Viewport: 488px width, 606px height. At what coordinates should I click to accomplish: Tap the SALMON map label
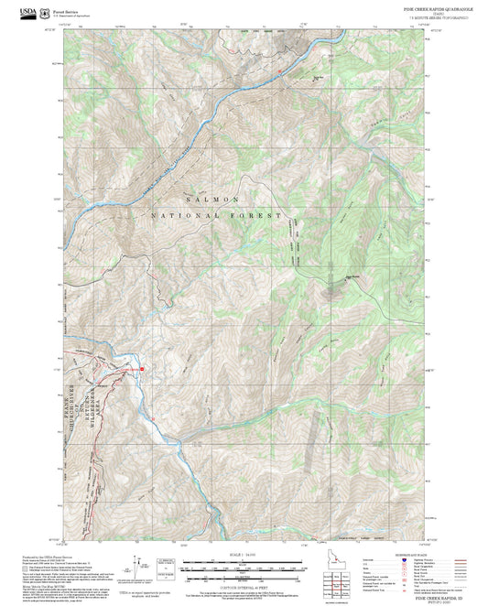point(212,199)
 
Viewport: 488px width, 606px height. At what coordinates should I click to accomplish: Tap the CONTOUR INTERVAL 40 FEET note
point(244,585)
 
